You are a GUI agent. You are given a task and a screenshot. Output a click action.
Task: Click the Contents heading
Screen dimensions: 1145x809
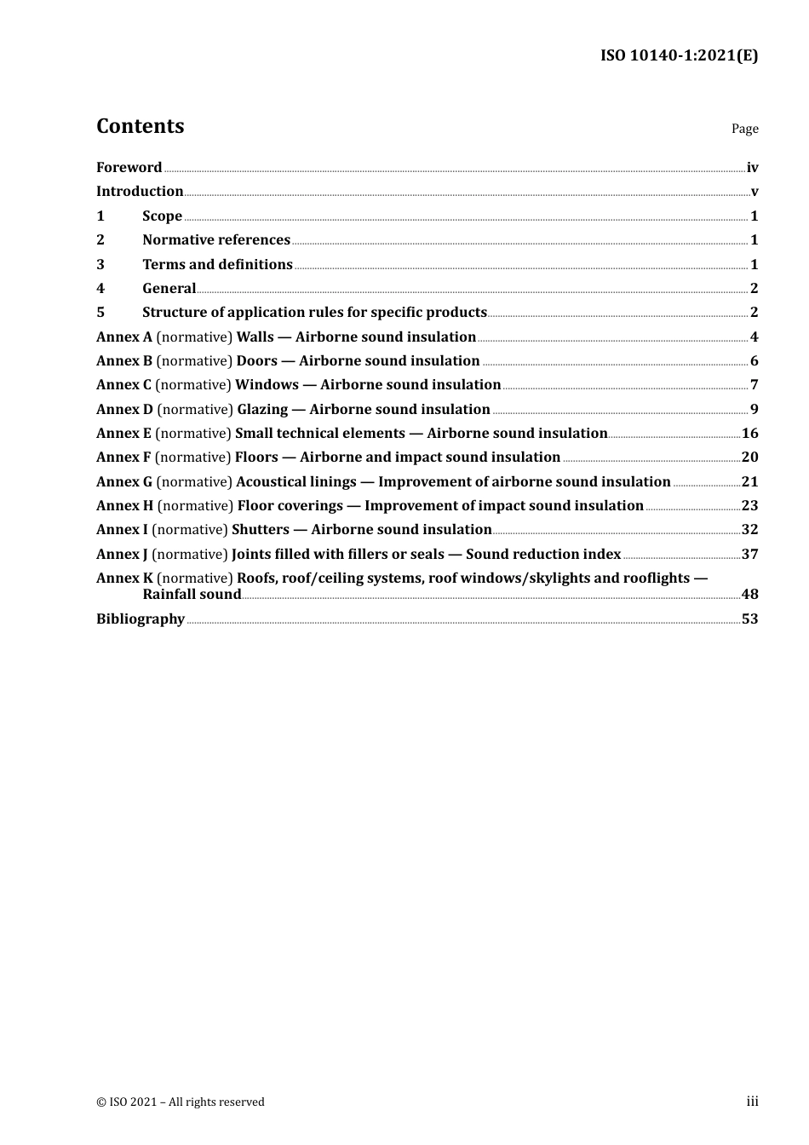click(140, 126)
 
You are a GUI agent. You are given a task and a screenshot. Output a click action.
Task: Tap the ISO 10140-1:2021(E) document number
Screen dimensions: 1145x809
click(679, 55)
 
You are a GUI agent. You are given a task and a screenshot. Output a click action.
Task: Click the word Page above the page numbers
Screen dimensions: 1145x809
click(744, 129)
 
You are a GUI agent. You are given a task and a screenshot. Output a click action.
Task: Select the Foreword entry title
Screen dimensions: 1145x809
click(129, 168)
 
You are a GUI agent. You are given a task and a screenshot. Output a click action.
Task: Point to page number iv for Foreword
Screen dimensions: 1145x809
click(752, 168)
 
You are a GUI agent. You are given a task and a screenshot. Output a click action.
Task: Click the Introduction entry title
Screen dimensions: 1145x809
click(140, 192)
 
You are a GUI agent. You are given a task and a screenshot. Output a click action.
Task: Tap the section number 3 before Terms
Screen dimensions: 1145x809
click(100, 265)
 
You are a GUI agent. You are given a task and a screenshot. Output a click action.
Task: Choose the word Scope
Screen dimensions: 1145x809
click(162, 216)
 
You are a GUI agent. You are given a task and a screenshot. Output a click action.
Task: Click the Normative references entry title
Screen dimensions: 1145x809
click(216, 240)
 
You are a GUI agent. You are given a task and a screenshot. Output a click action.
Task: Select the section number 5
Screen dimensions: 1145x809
click(100, 313)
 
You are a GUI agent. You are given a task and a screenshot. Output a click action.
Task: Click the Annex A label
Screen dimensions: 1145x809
click(124, 337)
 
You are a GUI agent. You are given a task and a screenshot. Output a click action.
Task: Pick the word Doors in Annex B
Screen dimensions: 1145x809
click(257, 361)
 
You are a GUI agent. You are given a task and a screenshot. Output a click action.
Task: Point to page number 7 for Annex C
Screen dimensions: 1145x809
click(754, 385)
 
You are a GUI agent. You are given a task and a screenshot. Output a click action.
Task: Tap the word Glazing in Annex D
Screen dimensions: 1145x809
click(262, 410)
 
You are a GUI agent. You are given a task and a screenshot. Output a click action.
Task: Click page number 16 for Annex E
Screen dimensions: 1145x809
click(749, 434)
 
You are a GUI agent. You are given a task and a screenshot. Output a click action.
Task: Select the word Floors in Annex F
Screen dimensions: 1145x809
click(256, 457)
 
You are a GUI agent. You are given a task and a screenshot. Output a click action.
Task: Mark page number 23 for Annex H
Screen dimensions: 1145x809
click(749, 506)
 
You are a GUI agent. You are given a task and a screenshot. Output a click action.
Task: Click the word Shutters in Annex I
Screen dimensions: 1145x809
click(261, 530)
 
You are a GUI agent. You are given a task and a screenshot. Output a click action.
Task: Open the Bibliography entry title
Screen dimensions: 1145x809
click(141, 619)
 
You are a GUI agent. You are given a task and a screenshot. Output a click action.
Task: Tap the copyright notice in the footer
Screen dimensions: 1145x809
click(181, 1102)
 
